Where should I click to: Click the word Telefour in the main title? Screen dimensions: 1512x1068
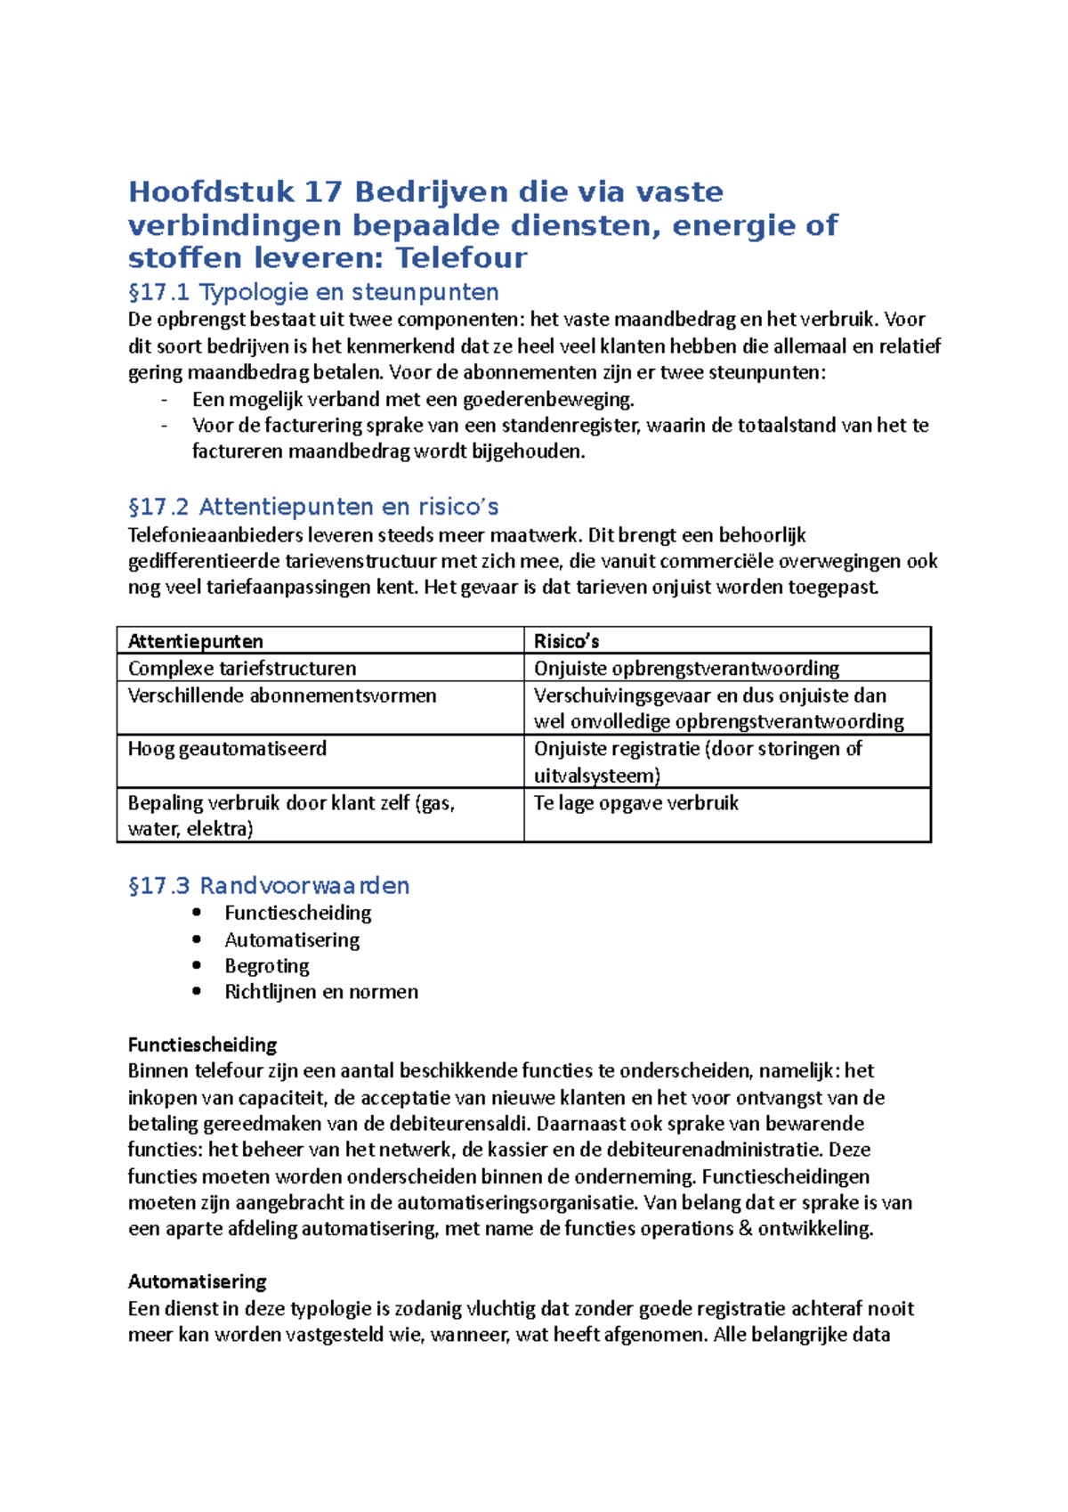(x=461, y=258)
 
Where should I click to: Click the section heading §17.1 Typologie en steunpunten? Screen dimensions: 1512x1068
(x=313, y=292)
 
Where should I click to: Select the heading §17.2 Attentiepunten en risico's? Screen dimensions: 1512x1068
(x=313, y=507)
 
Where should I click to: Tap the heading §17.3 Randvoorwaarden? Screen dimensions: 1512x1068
(x=269, y=885)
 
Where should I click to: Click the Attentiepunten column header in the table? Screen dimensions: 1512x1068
(x=196, y=641)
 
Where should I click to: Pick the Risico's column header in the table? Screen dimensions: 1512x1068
(x=566, y=641)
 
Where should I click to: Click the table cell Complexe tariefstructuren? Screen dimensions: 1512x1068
(x=242, y=669)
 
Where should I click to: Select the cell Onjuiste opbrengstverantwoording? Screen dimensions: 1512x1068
(x=686, y=669)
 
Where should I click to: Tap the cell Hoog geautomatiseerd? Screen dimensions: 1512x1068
(x=227, y=749)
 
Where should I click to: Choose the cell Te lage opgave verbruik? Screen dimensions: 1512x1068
(x=635, y=803)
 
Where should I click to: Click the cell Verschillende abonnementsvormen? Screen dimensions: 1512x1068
(x=282, y=695)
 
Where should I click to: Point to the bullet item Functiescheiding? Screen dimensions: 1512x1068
(x=297, y=913)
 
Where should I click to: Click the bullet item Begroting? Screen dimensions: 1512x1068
(x=266, y=966)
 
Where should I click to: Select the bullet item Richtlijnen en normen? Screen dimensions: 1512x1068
(x=321, y=992)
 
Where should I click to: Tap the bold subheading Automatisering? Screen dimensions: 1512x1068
(x=197, y=1281)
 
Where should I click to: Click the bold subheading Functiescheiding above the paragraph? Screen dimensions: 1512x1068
(x=202, y=1045)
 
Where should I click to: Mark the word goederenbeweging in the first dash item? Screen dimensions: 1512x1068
(x=547, y=400)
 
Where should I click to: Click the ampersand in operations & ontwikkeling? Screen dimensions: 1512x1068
(x=746, y=1229)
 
